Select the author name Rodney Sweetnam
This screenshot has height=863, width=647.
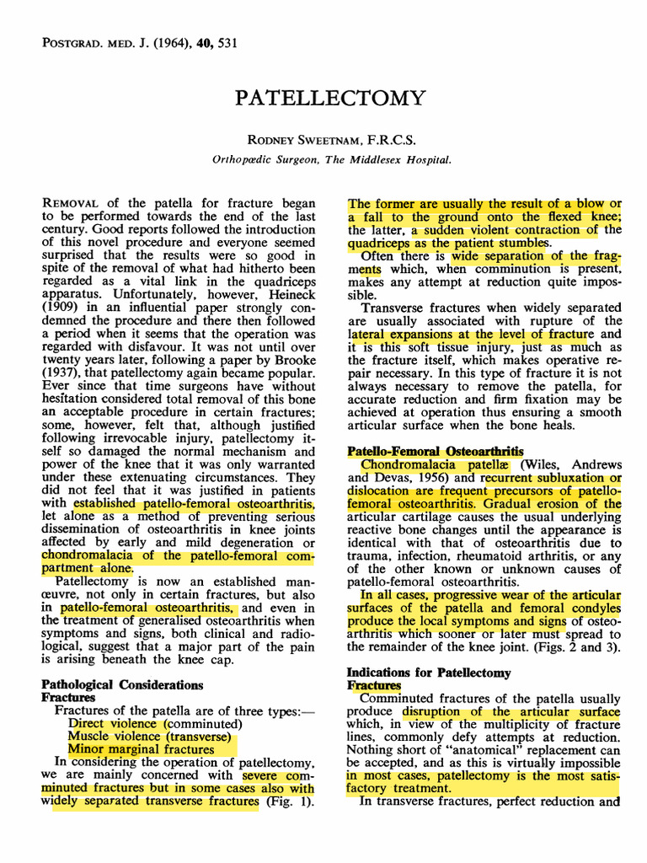(296, 141)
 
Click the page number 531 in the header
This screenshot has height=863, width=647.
(227, 43)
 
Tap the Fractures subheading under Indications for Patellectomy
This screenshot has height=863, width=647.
(374, 686)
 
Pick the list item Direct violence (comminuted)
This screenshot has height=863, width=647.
(155, 724)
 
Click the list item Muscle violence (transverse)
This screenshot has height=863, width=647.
(151, 737)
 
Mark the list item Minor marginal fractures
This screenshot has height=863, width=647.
(141, 749)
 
